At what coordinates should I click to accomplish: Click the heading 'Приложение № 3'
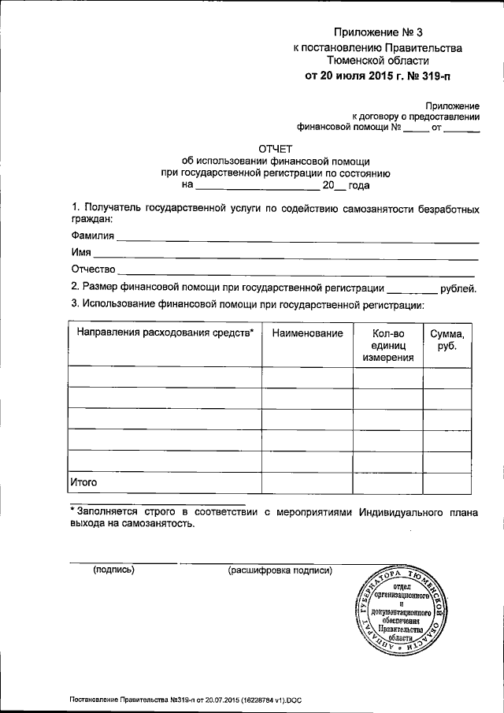coord(378,32)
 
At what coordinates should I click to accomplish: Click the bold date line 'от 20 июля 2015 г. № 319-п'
coord(379,76)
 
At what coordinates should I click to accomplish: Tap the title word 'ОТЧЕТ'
coord(276,147)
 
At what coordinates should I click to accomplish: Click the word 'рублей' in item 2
coord(458,288)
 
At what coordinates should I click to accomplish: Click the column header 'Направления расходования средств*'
coord(165,333)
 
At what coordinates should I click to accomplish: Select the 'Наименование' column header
coord(307,333)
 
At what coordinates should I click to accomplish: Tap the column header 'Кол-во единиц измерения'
coord(387,345)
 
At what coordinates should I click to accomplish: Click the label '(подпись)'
coord(114,570)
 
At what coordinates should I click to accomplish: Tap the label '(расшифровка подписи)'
coord(280,570)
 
